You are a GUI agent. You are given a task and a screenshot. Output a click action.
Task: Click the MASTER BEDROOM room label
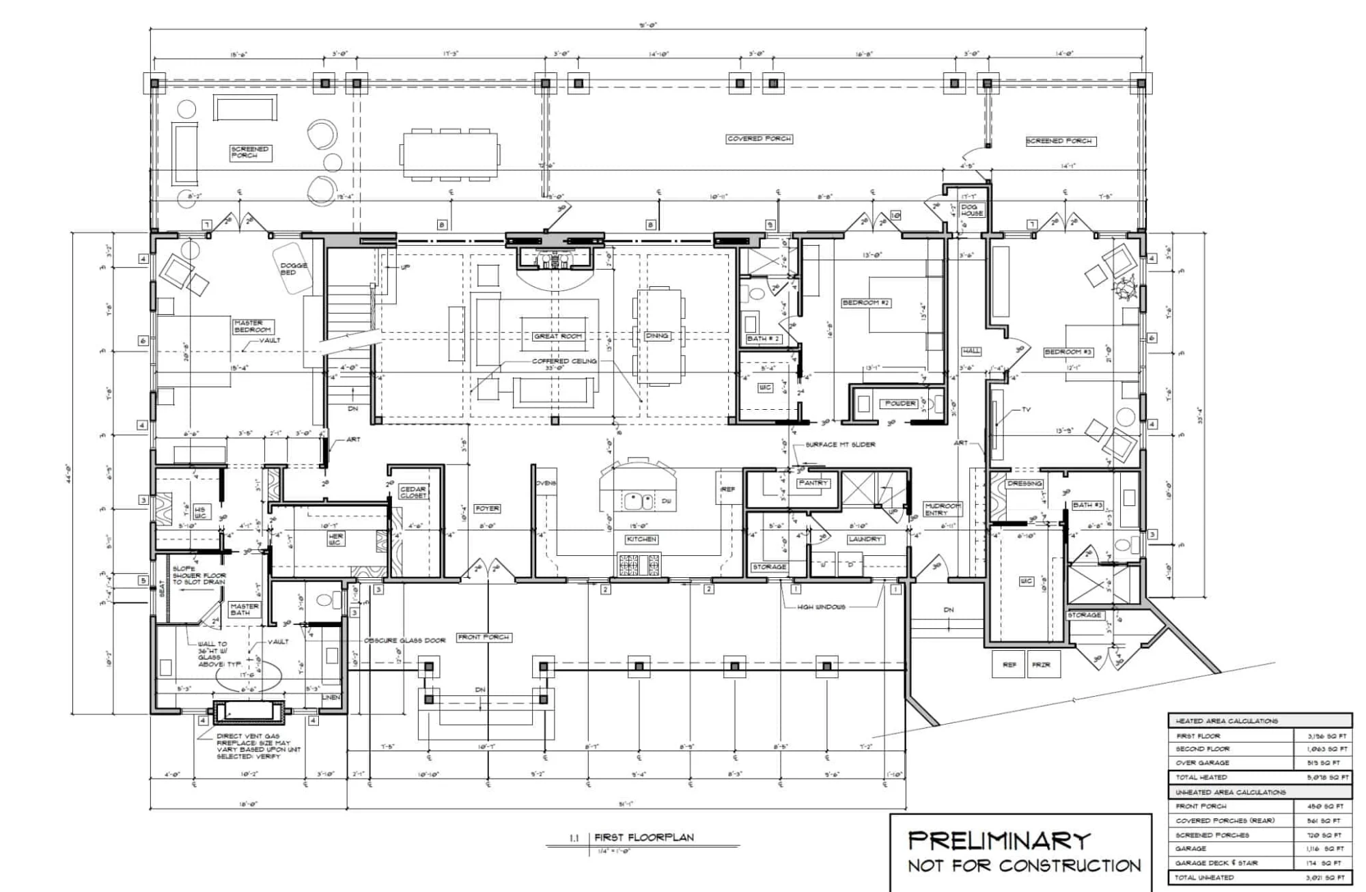[253, 326]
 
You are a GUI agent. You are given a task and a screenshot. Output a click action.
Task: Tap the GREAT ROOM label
[558, 336]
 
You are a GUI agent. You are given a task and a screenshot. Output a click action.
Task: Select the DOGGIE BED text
[294, 268]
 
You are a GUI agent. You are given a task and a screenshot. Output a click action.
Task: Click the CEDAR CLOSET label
[413, 492]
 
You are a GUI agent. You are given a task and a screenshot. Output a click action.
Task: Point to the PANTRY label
[813, 483]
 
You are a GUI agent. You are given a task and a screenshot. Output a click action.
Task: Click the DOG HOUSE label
[971, 210]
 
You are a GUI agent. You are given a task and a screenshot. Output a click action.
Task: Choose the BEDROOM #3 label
[1068, 352]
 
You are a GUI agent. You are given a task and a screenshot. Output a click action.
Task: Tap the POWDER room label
[900, 403]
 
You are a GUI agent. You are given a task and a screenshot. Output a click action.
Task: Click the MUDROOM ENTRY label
[943, 510]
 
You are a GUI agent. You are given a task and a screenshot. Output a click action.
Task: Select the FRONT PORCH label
[484, 637]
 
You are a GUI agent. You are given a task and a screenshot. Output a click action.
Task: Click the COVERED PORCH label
[759, 139]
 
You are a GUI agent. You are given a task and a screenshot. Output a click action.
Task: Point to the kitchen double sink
[639, 501]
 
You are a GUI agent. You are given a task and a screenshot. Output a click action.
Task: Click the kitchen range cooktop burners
[639, 565]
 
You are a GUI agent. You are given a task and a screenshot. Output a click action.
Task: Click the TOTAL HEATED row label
[1201, 777]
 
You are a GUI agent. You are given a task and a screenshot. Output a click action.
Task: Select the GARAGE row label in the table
[1190, 848]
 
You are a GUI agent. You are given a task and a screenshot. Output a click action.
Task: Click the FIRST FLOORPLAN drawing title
[643, 837]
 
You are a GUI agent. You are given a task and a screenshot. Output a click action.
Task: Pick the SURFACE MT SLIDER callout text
[840, 445]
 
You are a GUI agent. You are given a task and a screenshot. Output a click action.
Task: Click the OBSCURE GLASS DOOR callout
[404, 641]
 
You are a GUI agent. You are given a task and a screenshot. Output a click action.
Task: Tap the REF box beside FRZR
[1009, 665]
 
